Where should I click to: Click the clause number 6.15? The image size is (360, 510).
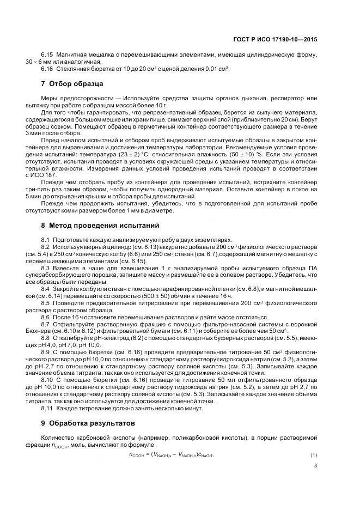coord(47,56)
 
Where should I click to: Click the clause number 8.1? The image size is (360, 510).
coord(46,240)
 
